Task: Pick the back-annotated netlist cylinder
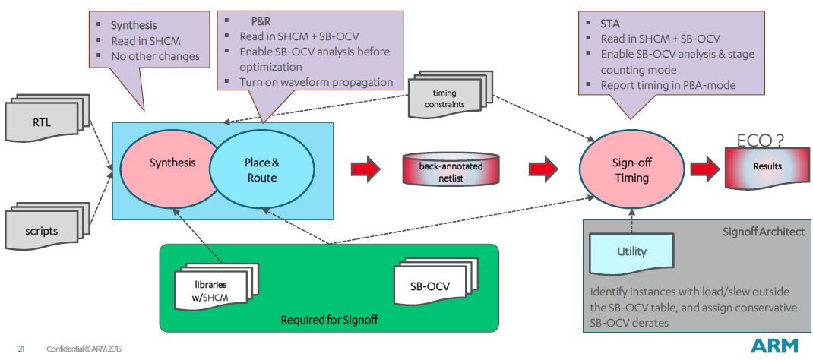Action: [453, 170]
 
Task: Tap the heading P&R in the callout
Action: [261, 22]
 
